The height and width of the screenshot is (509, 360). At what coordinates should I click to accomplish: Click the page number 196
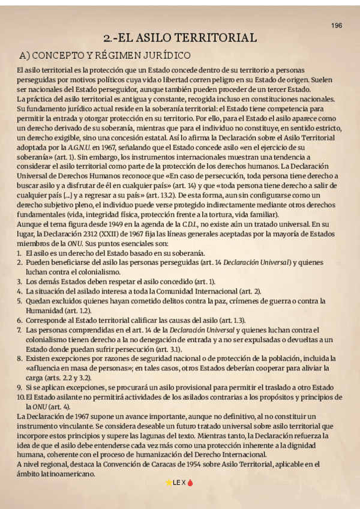[x=337, y=25]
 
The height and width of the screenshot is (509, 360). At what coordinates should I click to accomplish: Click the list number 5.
[x=19, y=301]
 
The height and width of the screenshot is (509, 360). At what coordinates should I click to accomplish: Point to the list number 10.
[x=21, y=397]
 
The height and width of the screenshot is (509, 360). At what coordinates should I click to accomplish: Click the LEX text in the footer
[x=179, y=483]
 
